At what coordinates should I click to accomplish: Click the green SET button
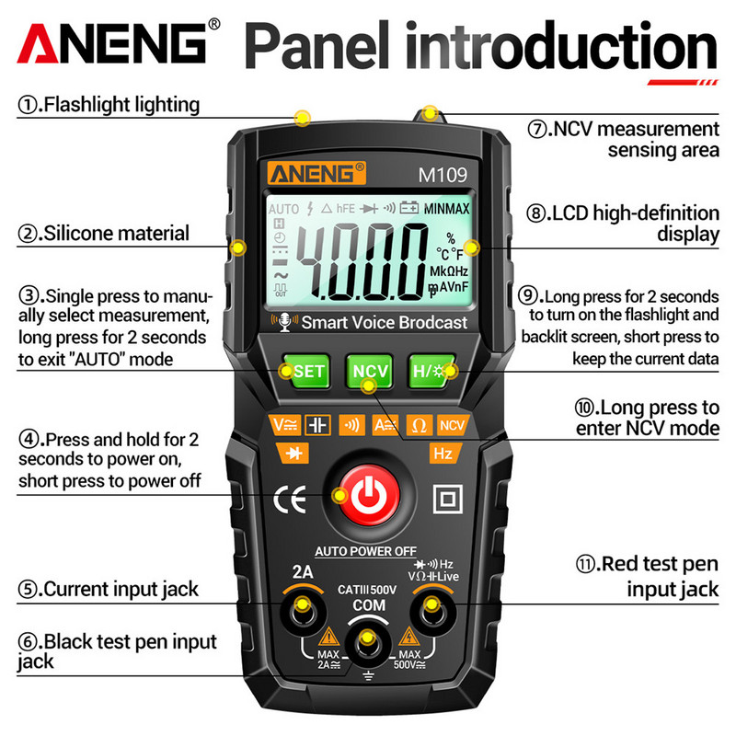click(x=305, y=372)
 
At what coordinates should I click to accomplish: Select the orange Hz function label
click(x=443, y=453)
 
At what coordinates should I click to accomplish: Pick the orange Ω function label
click(x=418, y=425)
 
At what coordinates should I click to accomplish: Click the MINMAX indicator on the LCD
click(x=447, y=210)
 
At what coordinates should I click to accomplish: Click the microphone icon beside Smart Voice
click(x=283, y=323)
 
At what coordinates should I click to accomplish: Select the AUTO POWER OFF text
click(x=366, y=551)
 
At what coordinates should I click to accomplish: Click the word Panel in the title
click(x=315, y=46)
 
